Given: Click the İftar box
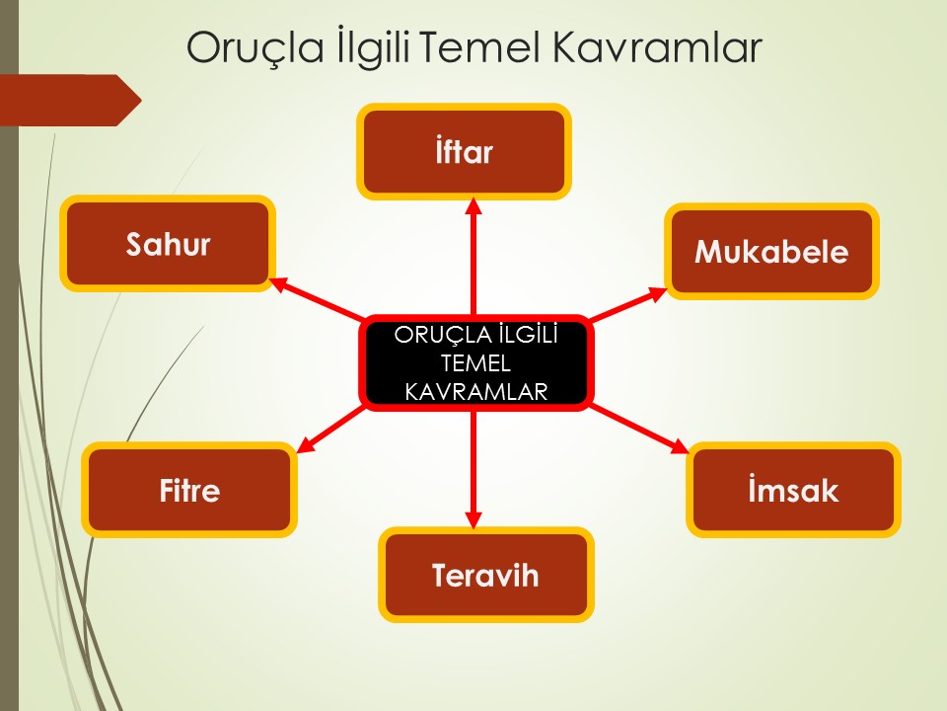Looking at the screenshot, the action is pos(464,151).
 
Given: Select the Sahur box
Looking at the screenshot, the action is pos(168,243).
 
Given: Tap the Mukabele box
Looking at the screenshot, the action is pos(771,251).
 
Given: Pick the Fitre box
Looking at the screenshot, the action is pos(189,490).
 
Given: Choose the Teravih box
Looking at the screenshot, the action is pos(485,575).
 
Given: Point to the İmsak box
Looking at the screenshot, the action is pos(793,490).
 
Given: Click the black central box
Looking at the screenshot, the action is pos(475,362).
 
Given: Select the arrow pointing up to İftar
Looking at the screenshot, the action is pos(473,257).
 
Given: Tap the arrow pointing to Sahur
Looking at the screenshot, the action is pos(317,298).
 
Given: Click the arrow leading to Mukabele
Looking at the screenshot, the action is pos(627,304).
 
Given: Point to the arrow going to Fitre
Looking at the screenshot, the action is pos(331,430).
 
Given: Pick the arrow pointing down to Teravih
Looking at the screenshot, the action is pos(473,470).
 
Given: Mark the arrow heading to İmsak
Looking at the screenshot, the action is pos(639,430).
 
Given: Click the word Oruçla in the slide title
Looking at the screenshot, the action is pos(255,48).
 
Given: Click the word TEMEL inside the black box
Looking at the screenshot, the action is pos(475,363).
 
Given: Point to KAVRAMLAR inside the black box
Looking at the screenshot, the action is pos(475,392).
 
